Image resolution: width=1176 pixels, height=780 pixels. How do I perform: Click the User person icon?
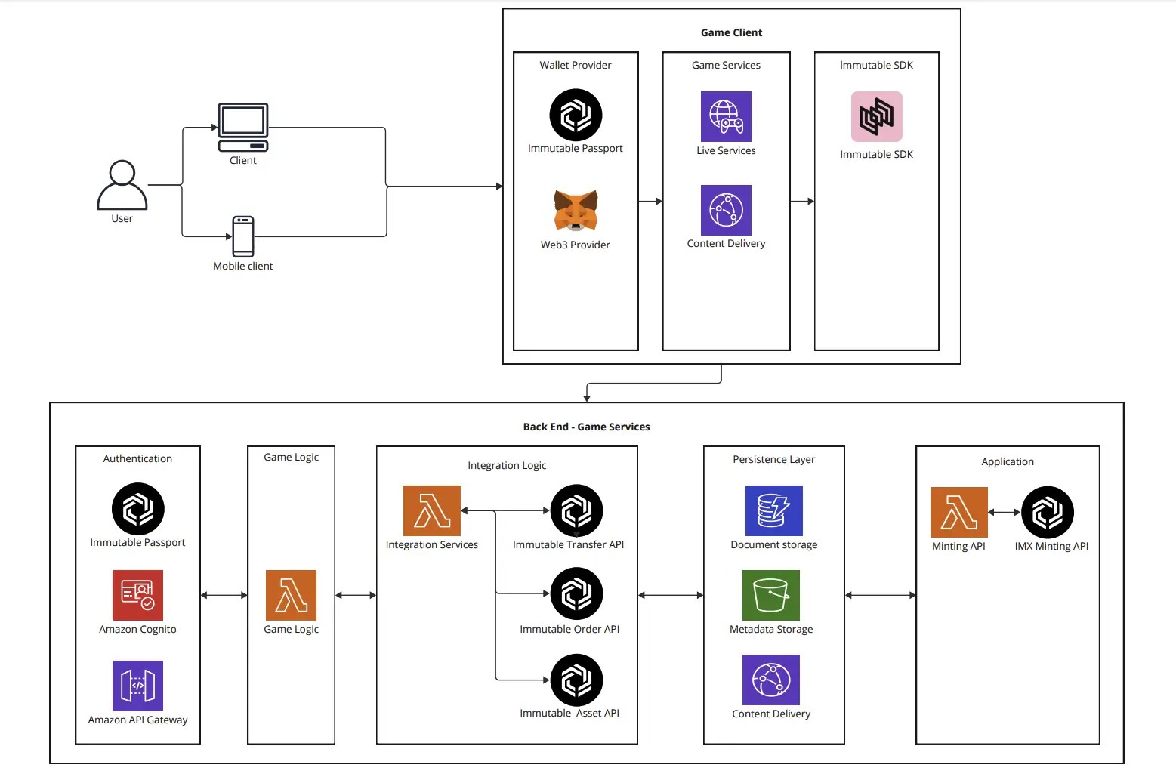pyautogui.click(x=122, y=185)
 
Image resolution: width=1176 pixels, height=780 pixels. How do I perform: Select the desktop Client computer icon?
pyautogui.click(x=243, y=127)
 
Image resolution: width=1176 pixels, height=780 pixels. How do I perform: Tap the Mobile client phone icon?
pyautogui.click(x=243, y=236)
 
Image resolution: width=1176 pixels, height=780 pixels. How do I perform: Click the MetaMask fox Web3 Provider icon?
pyautogui.click(x=576, y=211)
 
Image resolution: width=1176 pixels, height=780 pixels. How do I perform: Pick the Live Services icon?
pyautogui.click(x=726, y=116)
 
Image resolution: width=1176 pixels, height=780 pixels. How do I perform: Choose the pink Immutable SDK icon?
pyautogui.click(x=876, y=116)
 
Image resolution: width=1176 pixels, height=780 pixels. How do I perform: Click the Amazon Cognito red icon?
pyautogui.click(x=137, y=595)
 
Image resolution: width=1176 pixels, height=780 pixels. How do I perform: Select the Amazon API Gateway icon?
pyautogui.click(x=137, y=686)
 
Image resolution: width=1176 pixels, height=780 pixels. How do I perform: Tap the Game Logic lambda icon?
pyautogui.click(x=291, y=595)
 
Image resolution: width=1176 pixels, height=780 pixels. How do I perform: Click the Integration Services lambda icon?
pyautogui.click(x=431, y=510)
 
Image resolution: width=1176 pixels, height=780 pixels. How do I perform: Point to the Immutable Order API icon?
pyautogui.click(x=576, y=593)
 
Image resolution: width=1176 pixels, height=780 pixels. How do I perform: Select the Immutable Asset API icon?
pyautogui.click(x=576, y=680)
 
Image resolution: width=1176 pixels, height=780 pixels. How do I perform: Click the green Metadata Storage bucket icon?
pyautogui.click(x=770, y=595)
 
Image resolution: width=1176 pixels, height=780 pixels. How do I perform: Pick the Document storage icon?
pyautogui.click(x=773, y=510)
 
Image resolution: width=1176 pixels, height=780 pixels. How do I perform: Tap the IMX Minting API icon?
pyautogui.click(x=1048, y=512)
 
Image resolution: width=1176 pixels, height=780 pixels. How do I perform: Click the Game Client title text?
pyautogui.click(x=731, y=32)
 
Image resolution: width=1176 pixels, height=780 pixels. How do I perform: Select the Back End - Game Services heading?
pyautogui.click(x=586, y=427)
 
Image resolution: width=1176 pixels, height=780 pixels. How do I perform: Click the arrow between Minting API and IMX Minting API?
pyautogui.click(x=1004, y=512)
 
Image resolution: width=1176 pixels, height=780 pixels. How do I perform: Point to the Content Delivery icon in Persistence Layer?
pyautogui.click(x=770, y=680)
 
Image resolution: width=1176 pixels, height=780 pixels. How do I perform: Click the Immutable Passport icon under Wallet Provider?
pyautogui.click(x=576, y=115)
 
